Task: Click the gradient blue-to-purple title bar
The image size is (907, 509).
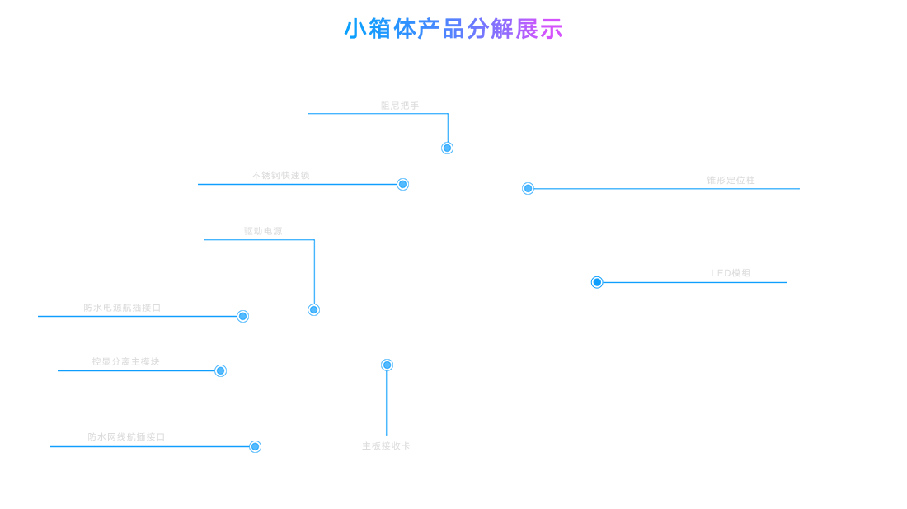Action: pos(453,28)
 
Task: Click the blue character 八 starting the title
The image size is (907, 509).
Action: pos(349,29)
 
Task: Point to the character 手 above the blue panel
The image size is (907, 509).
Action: pos(414,106)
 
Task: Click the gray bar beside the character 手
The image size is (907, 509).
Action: pos(395,106)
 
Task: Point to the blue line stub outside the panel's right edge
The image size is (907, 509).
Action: pos(796,189)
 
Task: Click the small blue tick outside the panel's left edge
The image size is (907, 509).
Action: pos(39,316)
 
